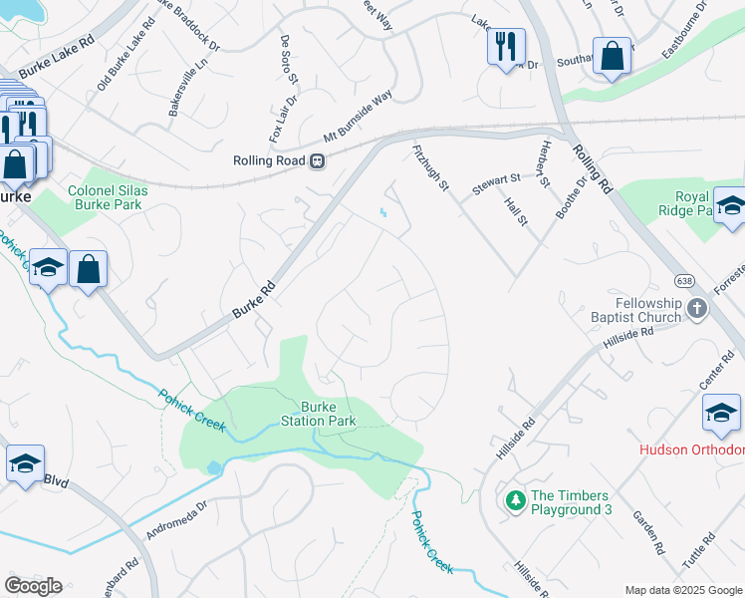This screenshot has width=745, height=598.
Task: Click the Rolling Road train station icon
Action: [x=317, y=160]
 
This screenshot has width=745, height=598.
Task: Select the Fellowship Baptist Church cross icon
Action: [x=697, y=310]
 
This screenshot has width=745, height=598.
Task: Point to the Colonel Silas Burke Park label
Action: [x=105, y=197]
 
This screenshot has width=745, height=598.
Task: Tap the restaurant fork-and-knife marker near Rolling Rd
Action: [x=506, y=45]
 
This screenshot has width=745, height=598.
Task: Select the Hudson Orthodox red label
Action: [x=691, y=449]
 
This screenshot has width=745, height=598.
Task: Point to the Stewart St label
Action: [x=496, y=182]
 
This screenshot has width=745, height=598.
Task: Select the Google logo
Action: [x=33, y=586]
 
